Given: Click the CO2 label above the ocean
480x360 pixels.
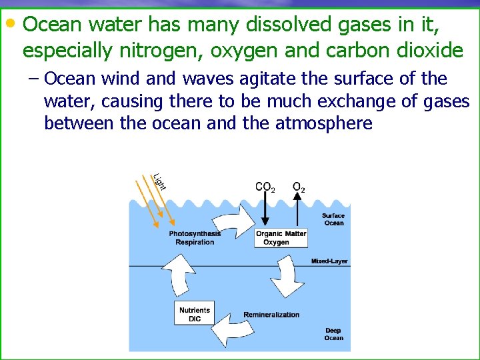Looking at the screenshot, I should coord(265,187).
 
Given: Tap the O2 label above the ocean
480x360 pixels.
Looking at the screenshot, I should coord(299,187).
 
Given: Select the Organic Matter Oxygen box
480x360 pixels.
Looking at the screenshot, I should coord(281,237).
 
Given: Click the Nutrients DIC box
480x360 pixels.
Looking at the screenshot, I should coord(195,314).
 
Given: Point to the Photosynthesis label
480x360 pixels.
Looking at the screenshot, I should coord(195,233).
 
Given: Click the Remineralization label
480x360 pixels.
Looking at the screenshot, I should coord(271,315).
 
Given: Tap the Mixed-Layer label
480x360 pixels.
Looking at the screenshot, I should coord(329,261).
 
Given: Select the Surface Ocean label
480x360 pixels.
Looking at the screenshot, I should coord(333,219).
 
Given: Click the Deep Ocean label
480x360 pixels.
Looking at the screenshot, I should coord(333,334).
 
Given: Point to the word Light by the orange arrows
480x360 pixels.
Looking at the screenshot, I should coord(159,181).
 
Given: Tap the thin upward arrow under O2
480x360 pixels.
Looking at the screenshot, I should coord(299,210).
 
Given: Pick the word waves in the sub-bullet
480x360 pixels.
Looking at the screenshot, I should coord(205,79).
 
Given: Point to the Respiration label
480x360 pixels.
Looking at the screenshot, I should coord(195,242).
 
